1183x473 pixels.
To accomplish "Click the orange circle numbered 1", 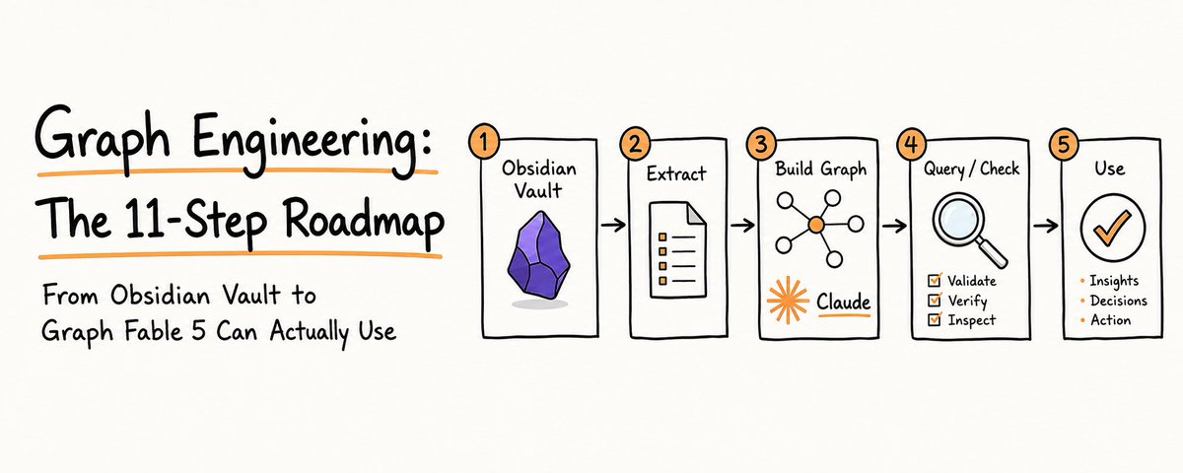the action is [x=483, y=142].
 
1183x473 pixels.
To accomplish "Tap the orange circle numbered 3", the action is [x=761, y=143].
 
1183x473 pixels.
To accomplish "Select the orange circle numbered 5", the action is [x=1064, y=144].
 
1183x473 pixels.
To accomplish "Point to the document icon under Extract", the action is [x=678, y=249].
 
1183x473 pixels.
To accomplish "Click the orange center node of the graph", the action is [x=816, y=226].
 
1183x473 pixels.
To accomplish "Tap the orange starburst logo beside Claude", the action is [x=788, y=300].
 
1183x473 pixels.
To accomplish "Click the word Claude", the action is [x=844, y=302].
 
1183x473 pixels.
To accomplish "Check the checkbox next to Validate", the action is [x=935, y=280].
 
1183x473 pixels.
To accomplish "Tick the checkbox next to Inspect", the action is [x=935, y=319].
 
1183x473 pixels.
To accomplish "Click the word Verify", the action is [x=967, y=301].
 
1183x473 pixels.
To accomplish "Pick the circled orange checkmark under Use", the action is [x=1113, y=227].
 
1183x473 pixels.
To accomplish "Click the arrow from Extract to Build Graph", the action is [x=742, y=226].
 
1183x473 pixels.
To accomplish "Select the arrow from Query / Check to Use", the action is [x=1046, y=226].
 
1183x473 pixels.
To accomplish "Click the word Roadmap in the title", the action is [x=365, y=222].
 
